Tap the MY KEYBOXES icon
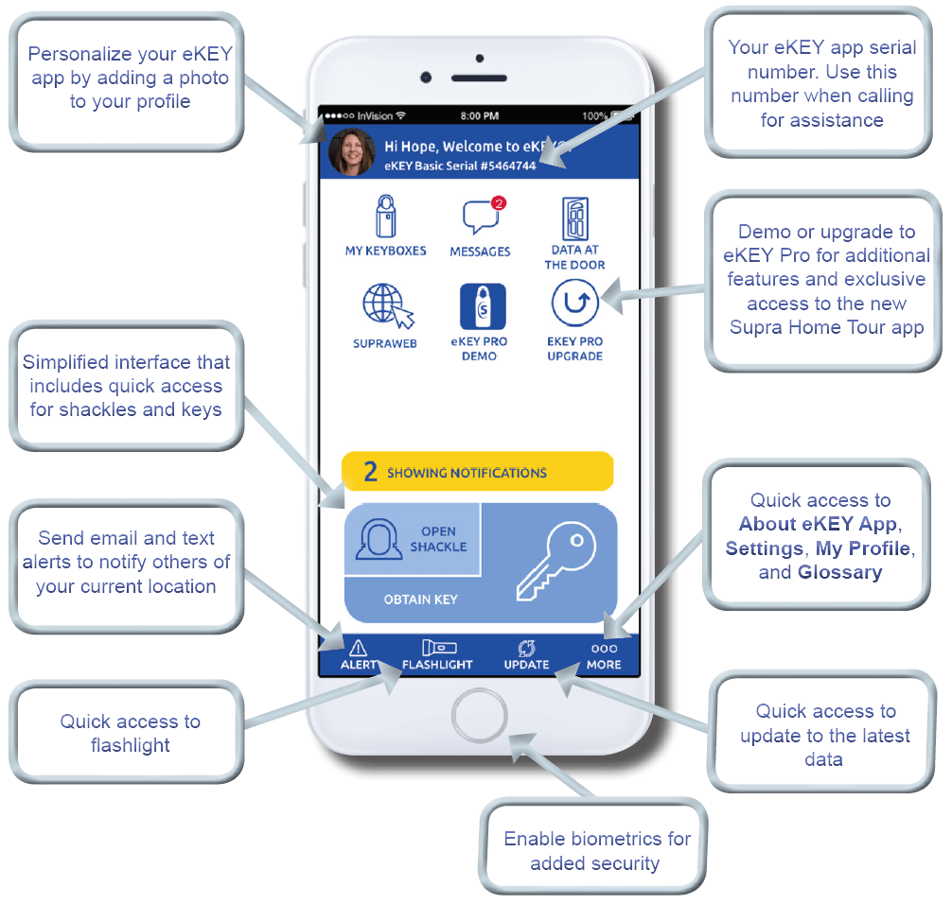385,217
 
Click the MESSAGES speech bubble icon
480,218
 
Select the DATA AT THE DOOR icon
575,219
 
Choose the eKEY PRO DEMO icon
480,306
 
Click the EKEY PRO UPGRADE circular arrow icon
575,305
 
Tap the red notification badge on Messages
500,202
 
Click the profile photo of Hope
352,152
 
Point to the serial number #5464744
508,165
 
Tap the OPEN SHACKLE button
413,539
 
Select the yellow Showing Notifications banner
478,472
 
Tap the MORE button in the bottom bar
604,653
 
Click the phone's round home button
479,719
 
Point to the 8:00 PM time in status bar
479,115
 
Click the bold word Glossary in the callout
839,572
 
